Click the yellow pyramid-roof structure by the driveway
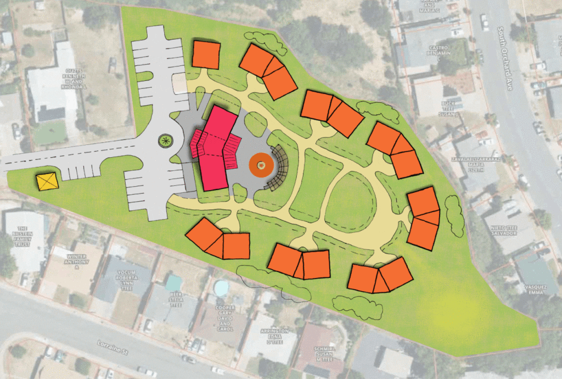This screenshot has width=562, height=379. pyautogui.click(x=47, y=181)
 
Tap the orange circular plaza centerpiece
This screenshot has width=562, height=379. pyautogui.click(x=261, y=163)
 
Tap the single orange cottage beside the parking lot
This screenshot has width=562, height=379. pyautogui.click(x=207, y=55)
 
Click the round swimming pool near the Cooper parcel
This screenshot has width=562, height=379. pyautogui.click(x=221, y=287)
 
